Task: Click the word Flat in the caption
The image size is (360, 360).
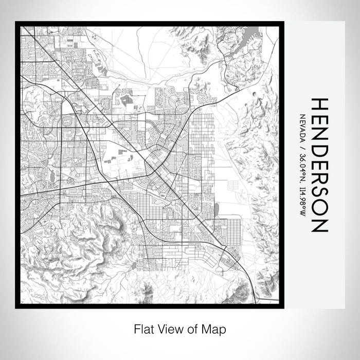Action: (142, 328)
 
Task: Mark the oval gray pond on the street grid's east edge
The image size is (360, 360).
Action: (215, 209)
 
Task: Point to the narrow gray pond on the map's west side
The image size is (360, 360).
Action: (52, 176)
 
